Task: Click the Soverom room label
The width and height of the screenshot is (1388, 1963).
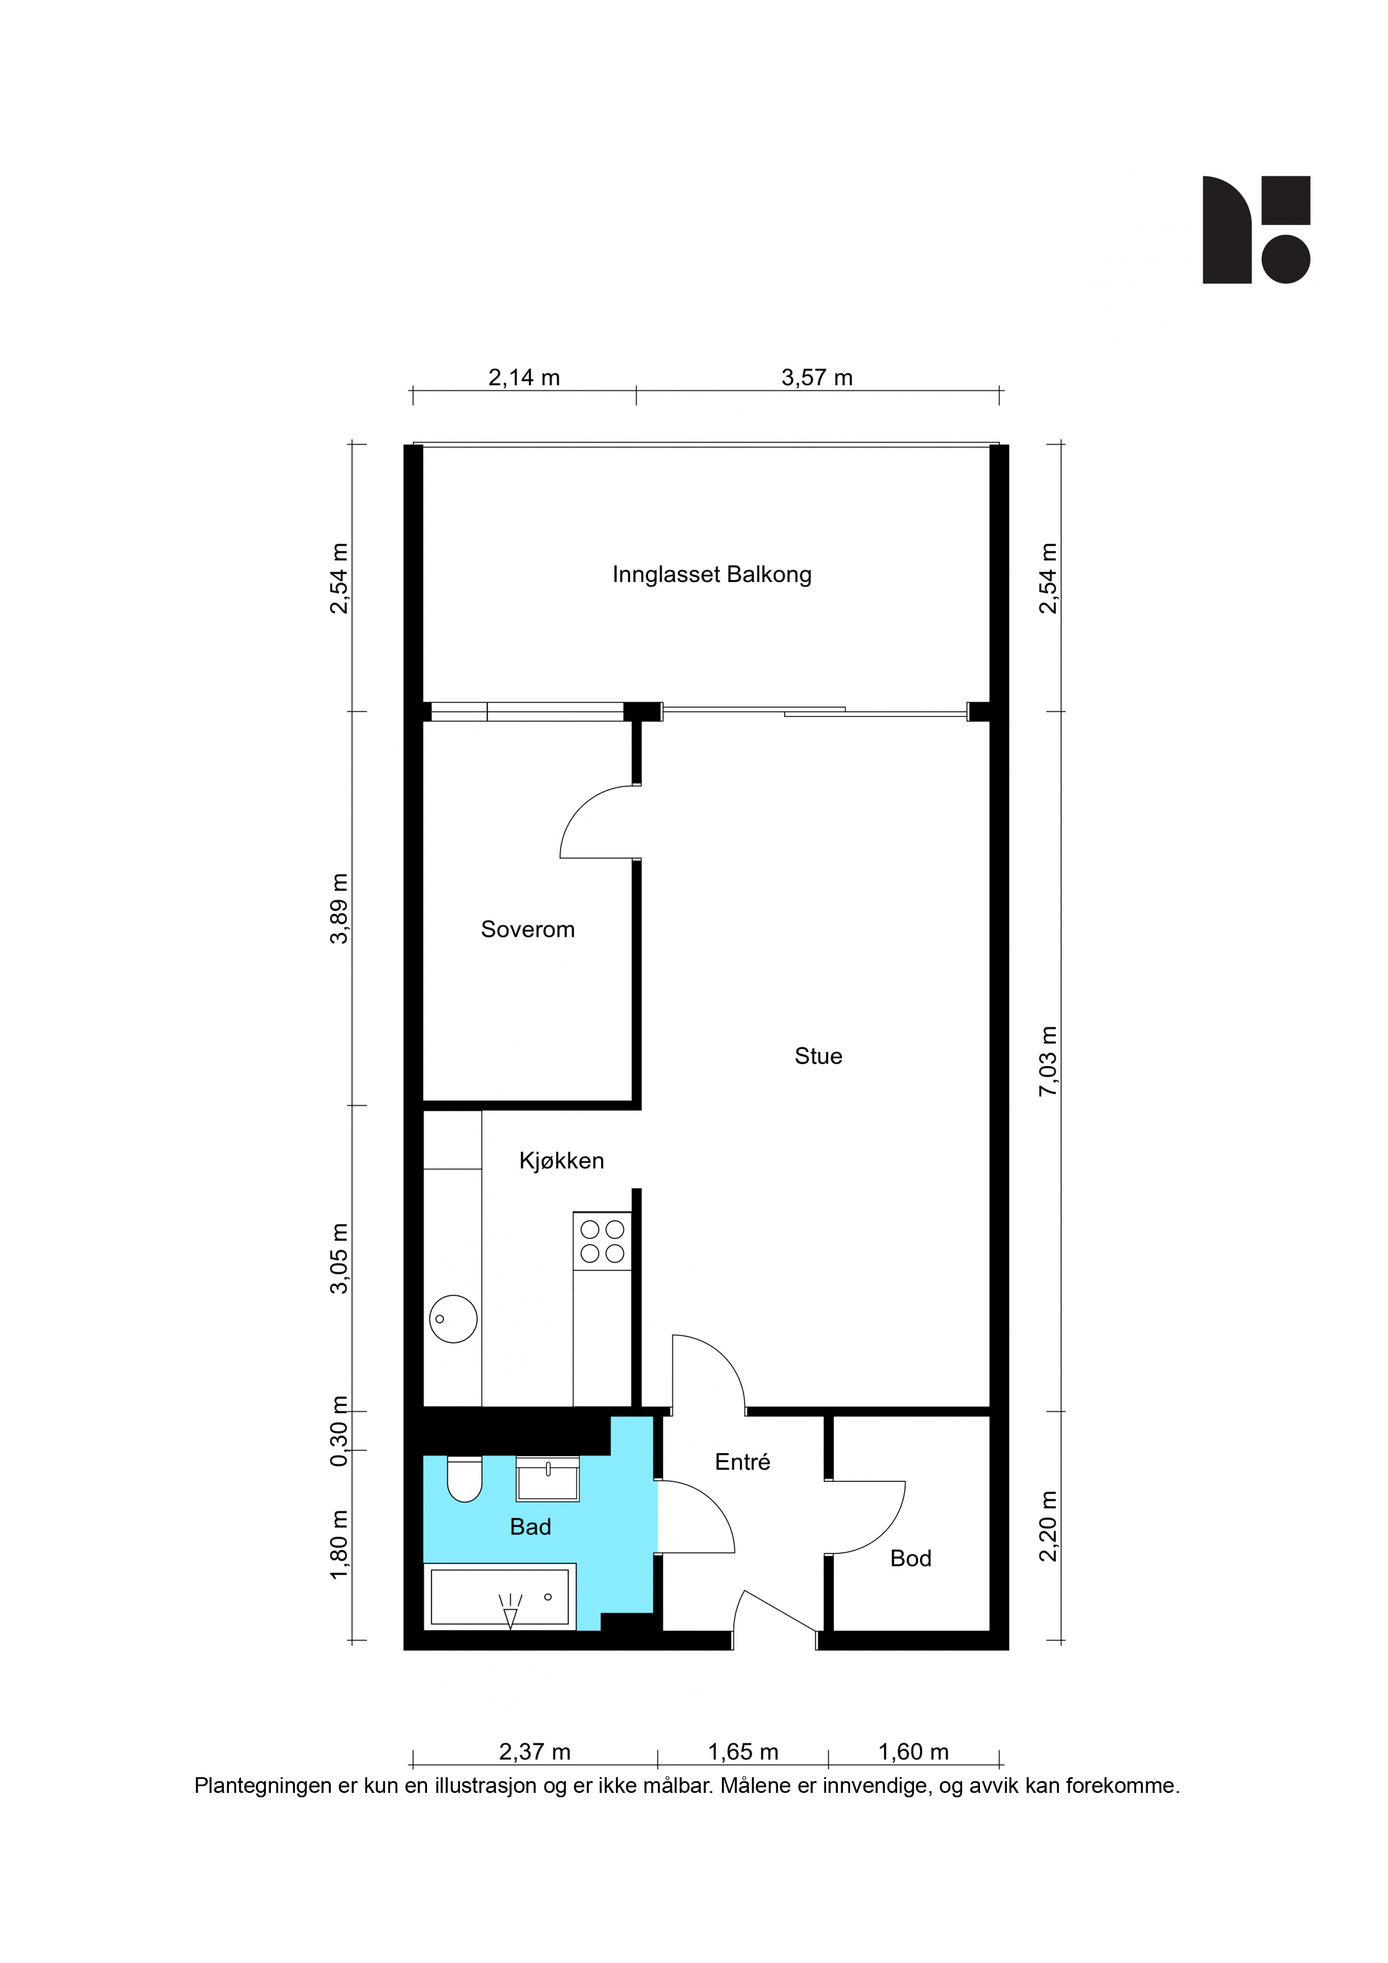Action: click(528, 929)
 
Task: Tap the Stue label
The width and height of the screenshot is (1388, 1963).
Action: click(818, 1056)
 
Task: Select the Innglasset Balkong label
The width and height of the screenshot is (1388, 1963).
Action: click(711, 575)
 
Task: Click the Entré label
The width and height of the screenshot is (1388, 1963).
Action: click(742, 1462)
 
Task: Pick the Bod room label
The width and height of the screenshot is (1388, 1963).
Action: click(911, 1558)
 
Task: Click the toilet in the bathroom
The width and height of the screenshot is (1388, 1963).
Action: click(465, 1479)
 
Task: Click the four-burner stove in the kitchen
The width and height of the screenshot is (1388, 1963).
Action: click(602, 1241)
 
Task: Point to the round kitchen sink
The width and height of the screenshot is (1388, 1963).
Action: click(453, 1319)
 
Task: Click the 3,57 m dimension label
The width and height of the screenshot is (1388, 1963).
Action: click(817, 377)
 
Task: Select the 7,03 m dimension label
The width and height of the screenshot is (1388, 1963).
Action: click(1048, 1061)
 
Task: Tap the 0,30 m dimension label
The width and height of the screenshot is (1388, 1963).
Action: click(340, 1431)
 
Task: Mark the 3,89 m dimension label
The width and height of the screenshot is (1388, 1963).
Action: click(340, 909)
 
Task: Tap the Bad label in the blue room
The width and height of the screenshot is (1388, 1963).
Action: click(530, 1527)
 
